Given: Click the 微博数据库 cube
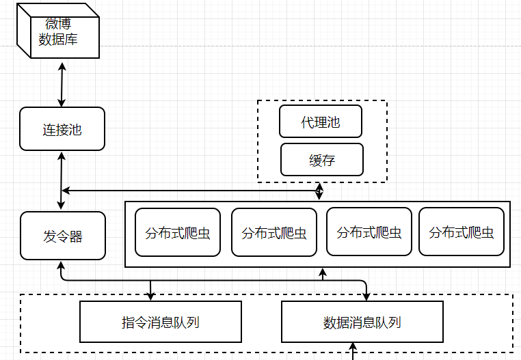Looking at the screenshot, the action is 58,31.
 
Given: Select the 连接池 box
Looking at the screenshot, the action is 62,129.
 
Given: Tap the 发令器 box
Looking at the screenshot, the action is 63,236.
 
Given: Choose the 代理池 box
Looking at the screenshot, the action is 321,122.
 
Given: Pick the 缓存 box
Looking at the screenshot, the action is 322,160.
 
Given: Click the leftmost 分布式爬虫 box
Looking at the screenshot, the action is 178,232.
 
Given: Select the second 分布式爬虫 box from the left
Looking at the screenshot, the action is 274,232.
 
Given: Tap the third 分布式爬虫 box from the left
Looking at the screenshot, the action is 369,232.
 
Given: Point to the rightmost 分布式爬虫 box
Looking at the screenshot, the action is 462,232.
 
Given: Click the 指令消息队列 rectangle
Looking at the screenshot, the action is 161,322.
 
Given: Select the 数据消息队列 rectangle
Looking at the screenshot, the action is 362,322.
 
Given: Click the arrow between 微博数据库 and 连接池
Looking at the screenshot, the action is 62,85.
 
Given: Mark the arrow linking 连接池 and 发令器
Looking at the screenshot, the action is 61,180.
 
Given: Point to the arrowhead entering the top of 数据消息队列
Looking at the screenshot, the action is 366,296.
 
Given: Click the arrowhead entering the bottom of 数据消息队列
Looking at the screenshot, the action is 353,347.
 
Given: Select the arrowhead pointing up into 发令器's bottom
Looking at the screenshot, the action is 61,265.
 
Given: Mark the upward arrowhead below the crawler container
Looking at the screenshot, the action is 323,273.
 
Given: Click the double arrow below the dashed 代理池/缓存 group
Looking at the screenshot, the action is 319,191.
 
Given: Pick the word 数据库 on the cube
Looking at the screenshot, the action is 58,40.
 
